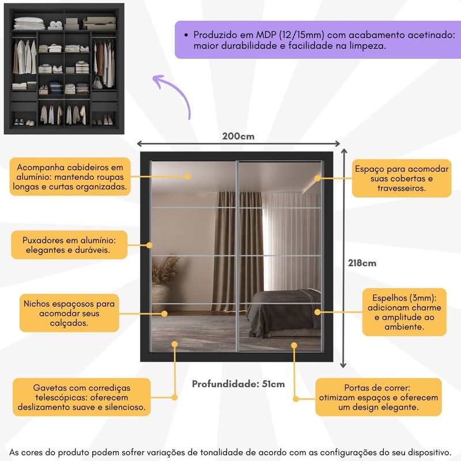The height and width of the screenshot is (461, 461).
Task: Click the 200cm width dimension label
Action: (238, 137)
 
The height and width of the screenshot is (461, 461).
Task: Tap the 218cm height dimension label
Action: (362, 263)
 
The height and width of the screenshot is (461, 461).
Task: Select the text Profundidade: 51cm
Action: (238, 384)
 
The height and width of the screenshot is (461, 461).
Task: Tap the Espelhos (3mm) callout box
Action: (404, 312)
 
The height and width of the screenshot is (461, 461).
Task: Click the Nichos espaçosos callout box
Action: (69, 313)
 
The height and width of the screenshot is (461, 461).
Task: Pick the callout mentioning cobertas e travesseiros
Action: (402, 179)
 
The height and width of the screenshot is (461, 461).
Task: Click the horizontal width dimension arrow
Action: (238, 145)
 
